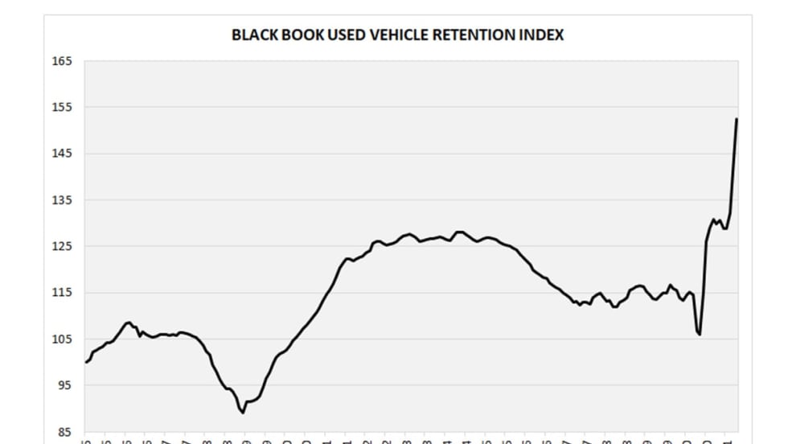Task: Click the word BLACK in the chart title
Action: [252, 35]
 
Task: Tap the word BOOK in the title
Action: [298, 35]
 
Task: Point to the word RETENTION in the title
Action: [467, 35]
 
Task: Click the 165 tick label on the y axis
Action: [64, 61]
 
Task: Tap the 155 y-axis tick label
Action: [64, 107]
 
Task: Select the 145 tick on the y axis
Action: [64, 154]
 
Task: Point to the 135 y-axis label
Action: [64, 200]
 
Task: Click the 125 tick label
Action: [64, 246]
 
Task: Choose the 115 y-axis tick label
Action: [64, 293]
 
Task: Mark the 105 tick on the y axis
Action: [64, 339]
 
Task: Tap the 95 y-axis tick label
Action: [64, 385]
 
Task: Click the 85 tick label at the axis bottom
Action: [64, 431]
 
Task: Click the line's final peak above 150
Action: [737, 119]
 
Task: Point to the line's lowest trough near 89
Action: [243, 413]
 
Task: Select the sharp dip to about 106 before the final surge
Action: [700, 334]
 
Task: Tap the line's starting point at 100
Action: [86, 362]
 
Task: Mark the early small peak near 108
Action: [129, 323]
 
